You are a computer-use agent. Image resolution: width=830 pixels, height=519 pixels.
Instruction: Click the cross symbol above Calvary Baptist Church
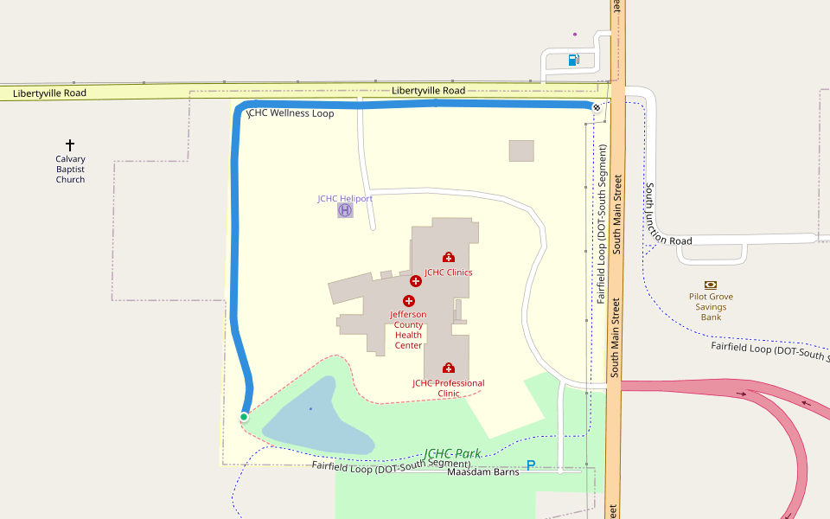click(x=70, y=145)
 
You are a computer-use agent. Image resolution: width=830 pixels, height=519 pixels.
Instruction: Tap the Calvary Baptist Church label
click(x=70, y=170)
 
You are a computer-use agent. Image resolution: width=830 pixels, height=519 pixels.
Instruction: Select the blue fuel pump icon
click(x=573, y=60)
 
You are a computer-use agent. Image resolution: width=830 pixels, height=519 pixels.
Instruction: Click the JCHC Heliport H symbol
click(x=345, y=210)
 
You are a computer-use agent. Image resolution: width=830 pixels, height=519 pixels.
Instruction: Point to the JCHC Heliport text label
click(x=345, y=198)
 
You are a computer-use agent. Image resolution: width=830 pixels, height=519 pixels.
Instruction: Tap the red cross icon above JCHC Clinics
click(x=448, y=257)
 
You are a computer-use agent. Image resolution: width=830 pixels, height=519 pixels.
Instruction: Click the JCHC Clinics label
click(x=448, y=272)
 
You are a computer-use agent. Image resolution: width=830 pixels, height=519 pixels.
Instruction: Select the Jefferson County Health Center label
click(x=408, y=330)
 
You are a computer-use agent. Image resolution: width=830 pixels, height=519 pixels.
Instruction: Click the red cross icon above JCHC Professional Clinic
click(x=448, y=368)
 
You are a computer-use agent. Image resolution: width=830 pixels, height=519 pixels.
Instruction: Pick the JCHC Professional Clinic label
click(x=448, y=388)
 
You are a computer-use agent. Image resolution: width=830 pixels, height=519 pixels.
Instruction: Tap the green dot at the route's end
click(x=244, y=417)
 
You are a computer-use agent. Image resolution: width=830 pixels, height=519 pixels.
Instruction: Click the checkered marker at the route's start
click(x=596, y=107)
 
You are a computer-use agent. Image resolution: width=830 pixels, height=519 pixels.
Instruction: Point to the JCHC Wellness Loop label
click(x=291, y=113)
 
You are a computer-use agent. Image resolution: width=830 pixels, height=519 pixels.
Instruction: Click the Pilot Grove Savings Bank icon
click(x=711, y=284)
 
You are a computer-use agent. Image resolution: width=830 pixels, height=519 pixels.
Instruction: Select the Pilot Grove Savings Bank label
click(x=711, y=306)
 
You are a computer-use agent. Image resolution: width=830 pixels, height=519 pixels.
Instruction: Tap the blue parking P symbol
click(x=531, y=465)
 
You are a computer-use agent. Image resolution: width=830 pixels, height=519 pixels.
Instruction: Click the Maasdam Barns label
click(x=482, y=472)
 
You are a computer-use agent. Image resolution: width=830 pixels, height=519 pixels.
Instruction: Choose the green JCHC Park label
click(x=452, y=453)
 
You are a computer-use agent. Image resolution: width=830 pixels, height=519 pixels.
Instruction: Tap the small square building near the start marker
click(x=521, y=151)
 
